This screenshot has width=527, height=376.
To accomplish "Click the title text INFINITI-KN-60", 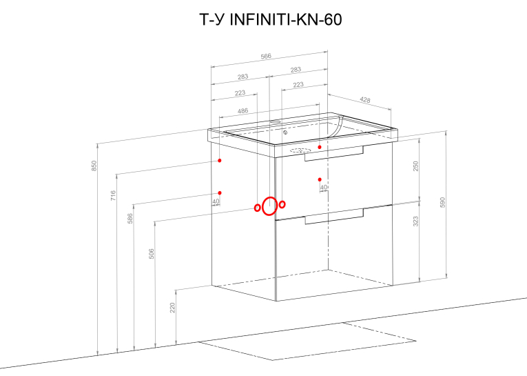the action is [x=286, y=19].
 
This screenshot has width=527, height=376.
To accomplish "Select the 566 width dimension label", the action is [x=266, y=56].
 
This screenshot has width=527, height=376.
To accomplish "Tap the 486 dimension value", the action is [x=242, y=111].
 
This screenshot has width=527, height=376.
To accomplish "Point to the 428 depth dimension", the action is [x=365, y=99].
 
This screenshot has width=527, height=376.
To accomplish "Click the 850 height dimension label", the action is [x=94, y=166].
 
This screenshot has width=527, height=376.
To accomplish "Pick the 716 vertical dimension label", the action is [x=113, y=195].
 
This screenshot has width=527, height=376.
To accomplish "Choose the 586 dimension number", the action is [x=130, y=218].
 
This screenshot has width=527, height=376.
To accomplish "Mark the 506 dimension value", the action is [x=152, y=253].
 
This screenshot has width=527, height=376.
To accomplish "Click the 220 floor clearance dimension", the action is [x=172, y=307].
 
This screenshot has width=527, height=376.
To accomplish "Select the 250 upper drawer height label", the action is [x=416, y=166].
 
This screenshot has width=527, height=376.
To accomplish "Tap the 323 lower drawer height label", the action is [x=416, y=221].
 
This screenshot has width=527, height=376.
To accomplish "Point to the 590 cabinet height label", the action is [x=443, y=202].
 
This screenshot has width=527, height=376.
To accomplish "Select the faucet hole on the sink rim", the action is [x=275, y=120].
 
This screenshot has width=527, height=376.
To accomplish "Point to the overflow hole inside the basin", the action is [x=285, y=132].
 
